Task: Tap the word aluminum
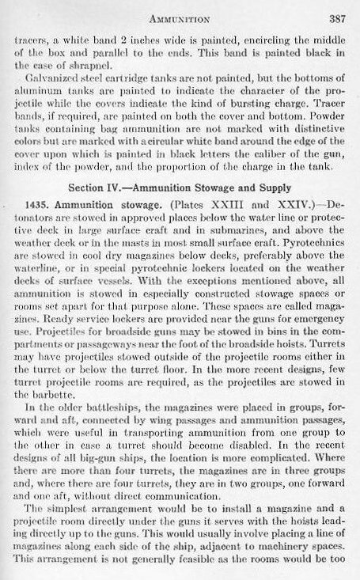click(48, 116)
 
